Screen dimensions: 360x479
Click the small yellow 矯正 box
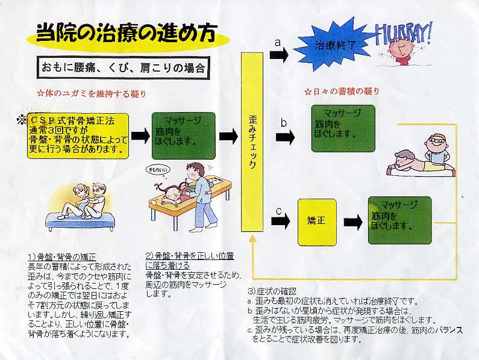(317, 222)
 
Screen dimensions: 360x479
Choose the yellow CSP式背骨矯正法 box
(78, 135)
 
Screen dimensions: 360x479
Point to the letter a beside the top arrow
(277, 43)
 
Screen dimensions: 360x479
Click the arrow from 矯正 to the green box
(352, 222)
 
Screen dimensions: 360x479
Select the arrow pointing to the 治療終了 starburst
(280, 55)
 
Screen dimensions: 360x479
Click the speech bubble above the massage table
(155, 170)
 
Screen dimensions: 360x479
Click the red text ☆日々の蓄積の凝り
(342, 92)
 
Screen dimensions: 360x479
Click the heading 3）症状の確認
(273, 292)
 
